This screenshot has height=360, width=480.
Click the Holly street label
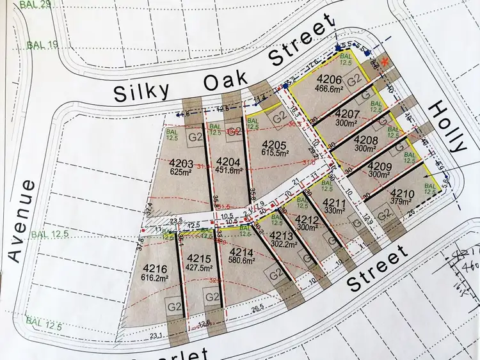(x=449, y=126)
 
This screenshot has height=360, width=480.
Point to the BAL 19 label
(x=42, y=45)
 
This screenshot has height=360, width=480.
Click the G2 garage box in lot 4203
(x=196, y=136)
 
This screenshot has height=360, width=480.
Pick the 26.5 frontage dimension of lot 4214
(x=257, y=310)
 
